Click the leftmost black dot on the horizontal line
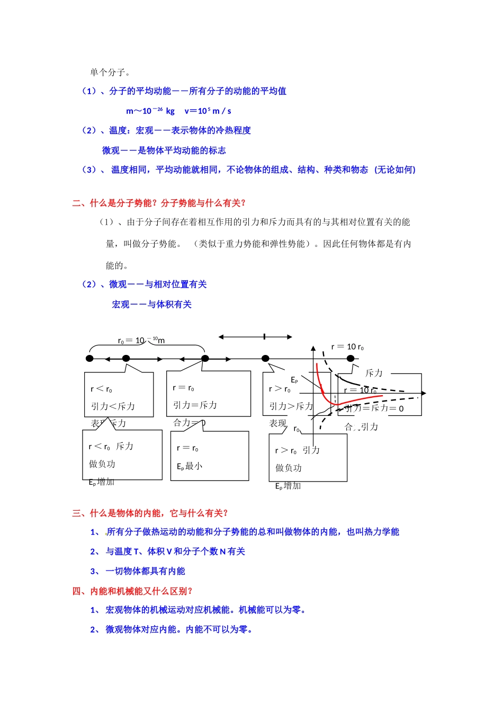(89, 359)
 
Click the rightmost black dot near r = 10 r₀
(350, 359)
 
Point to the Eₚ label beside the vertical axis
(294, 380)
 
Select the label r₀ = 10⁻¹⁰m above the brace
(141, 340)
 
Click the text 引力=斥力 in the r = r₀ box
(195, 405)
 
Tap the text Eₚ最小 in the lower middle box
(189, 467)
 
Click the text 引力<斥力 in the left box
(113, 406)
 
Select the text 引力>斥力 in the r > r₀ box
(291, 406)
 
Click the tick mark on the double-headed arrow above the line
(264, 336)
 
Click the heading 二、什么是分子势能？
(159, 203)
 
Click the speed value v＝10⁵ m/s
(208, 111)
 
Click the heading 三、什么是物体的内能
(150, 513)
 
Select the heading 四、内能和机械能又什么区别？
(133, 591)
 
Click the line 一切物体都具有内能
(145, 571)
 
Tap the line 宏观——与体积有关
(151, 304)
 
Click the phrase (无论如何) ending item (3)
(394, 170)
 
